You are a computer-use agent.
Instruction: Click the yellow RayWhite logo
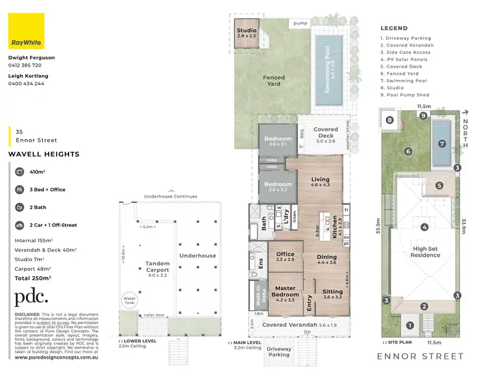(26, 31)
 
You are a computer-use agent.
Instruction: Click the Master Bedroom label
(285, 297)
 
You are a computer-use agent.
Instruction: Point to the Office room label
(285, 257)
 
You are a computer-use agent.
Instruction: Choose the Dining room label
(326, 260)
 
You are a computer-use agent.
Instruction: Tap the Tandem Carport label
(158, 270)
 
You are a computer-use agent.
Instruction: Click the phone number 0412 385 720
(25, 66)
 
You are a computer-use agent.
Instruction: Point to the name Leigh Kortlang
(29, 76)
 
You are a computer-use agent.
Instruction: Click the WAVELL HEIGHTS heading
(44, 154)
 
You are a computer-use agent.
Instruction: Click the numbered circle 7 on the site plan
(441, 143)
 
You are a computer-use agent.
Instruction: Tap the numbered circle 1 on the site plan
(410, 325)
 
